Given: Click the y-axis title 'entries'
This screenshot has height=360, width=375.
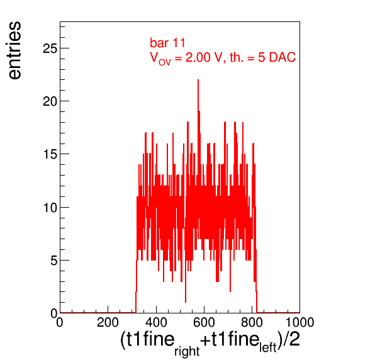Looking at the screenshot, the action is coord(15,50).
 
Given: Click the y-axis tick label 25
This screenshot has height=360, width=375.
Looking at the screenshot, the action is coord(50,48).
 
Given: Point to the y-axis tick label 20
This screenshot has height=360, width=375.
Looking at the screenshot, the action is coord(50,101).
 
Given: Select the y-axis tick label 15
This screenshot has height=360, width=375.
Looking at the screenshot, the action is coord(50,154).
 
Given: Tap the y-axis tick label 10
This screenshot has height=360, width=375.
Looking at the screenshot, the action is coord(50,208).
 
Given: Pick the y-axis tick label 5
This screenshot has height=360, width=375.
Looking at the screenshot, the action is coord(54,261).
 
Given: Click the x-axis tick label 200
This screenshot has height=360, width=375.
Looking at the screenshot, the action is coord(108,322).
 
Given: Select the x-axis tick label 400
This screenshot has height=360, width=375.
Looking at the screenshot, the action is coord(156,322).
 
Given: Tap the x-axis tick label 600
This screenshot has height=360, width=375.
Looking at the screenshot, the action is coord(204,322).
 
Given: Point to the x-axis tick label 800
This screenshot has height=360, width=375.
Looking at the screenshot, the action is coord(252,322).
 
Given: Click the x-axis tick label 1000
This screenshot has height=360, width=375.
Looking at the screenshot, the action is coord(299,322).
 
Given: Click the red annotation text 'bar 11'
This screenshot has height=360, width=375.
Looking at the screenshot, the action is coord(167,43).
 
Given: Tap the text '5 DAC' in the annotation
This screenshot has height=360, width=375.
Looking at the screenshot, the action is coord(277,57).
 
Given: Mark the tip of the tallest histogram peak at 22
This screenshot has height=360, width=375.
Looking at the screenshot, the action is coord(198,80).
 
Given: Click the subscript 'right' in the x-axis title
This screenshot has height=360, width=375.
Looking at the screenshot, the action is coord(187,351).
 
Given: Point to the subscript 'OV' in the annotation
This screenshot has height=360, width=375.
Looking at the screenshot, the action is coord(165,62).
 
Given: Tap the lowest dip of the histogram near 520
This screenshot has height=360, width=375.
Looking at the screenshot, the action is coord(186,302).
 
